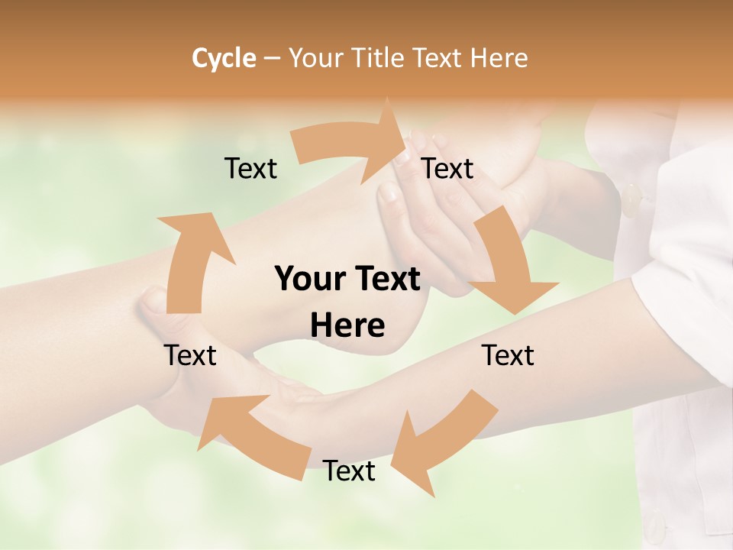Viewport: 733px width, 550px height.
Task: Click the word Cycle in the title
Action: (224, 58)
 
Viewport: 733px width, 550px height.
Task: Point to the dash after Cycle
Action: (272, 59)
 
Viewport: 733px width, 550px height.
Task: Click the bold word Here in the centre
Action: (347, 326)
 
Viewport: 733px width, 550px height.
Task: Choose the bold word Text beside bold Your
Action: (386, 279)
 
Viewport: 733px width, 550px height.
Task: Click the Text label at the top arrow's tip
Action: (447, 169)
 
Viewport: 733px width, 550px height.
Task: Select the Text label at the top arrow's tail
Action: (250, 169)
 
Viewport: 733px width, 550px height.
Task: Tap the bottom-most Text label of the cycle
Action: (349, 471)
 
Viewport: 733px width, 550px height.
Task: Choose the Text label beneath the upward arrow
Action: (190, 355)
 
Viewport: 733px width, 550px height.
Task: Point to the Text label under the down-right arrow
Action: (508, 355)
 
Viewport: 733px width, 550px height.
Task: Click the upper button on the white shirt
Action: (632, 200)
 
